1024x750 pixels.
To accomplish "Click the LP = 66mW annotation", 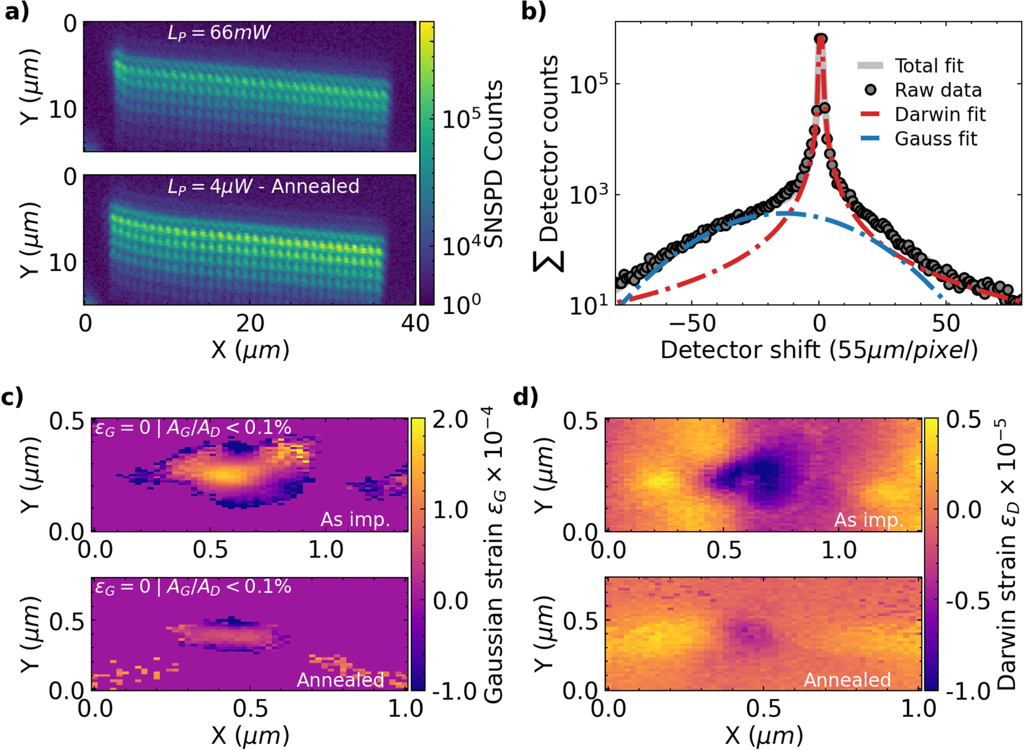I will pyautogui.click(x=219, y=33).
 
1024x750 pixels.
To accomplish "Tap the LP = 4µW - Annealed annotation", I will pyautogui.click(x=263, y=186).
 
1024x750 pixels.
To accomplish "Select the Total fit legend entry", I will pyautogui.click(x=928, y=66).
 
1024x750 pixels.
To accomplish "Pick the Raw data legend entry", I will pyautogui.click(x=937, y=90).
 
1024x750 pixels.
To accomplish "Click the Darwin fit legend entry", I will pyautogui.click(x=940, y=114).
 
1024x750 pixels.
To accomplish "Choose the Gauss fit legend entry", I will pyautogui.click(x=936, y=138).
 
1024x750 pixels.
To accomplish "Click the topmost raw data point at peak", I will pyautogui.click(x=821, y=39).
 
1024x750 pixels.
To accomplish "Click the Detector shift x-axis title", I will pyautogui.click(x=819, y=350).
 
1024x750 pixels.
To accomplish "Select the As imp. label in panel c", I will pyautogui.click(x=355, y=519).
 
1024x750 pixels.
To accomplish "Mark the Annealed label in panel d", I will pyautogui.click(x=847, y=680).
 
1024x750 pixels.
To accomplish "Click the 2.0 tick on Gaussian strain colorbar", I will pyautogui.click(x=451, y=420).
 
